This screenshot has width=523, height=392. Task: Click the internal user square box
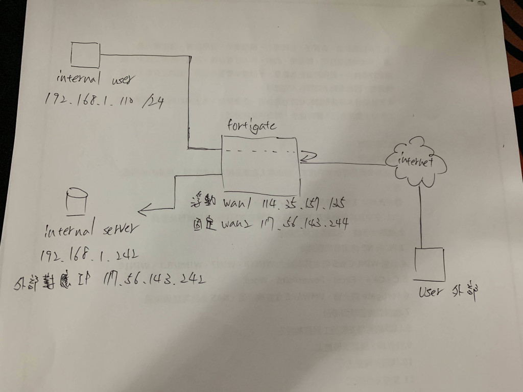coord(85,55)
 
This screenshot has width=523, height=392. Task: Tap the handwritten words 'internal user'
coord(97,80)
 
